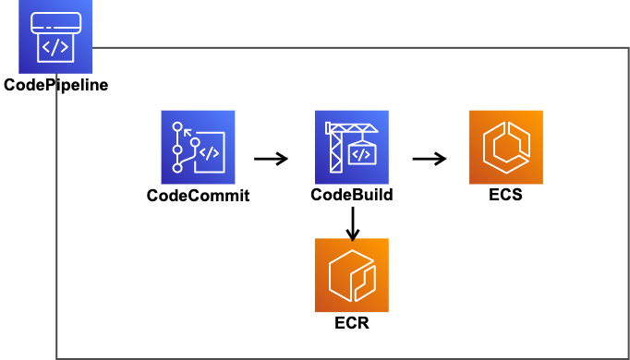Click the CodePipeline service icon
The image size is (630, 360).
pos(55,37)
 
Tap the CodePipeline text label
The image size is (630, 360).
pos(55,85)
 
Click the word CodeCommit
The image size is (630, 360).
pos(198,195)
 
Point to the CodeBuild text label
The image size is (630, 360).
pos(351,195)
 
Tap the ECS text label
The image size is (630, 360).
pos(505,195)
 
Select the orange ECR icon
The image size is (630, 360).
pos(351,275)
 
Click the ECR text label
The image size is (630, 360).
pos(351,323)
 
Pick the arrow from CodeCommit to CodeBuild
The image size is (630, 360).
pos(270,159)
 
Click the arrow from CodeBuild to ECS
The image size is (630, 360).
pos(429,159)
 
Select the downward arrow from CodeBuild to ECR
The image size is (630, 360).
pos(352,222)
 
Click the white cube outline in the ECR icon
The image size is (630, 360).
pos(351,275)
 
